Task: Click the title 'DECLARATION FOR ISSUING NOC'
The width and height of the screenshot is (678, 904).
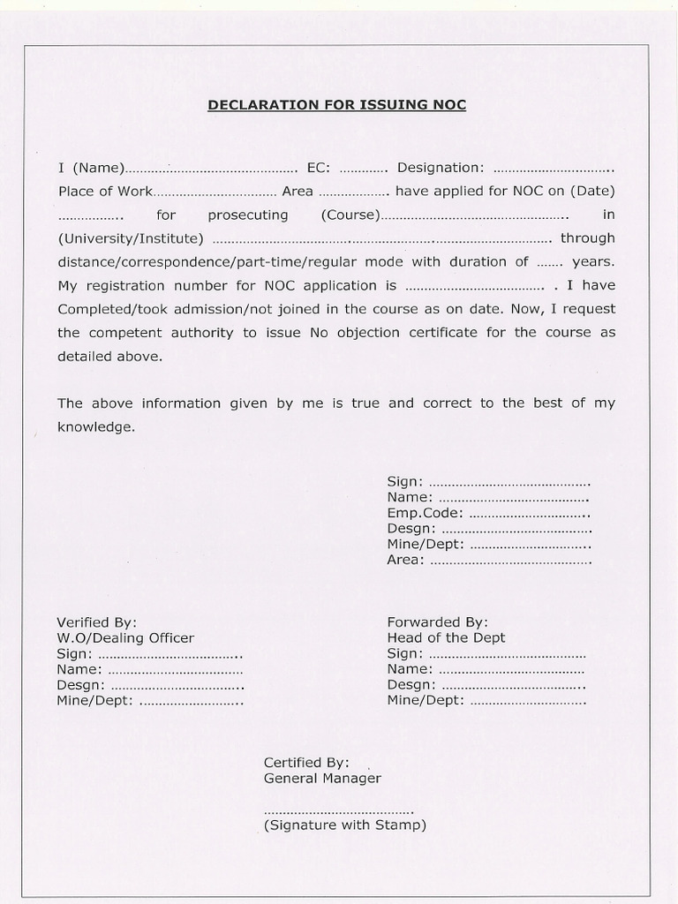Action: (x=336, y=105)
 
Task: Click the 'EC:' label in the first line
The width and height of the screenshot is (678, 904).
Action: (x=318, y=168)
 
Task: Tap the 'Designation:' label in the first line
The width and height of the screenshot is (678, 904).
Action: (x=441, y=168)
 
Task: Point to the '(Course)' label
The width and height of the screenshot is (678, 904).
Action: (x=350, y=215)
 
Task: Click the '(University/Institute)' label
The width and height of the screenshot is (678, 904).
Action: (x=131, y=238)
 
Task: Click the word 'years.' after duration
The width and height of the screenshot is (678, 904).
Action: (x=593, y=262)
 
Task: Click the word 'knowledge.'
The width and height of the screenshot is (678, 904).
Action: (x=96, y=426)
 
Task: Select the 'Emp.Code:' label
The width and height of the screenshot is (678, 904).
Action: (x=425, y=513)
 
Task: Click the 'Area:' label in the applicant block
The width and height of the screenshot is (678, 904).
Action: (x=405, y=560)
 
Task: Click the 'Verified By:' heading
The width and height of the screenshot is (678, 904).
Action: (x=97, y=622)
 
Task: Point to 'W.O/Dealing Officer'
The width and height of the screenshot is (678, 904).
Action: (x=125, y=638)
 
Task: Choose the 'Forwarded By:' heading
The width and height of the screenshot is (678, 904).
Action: (x=437, y=622)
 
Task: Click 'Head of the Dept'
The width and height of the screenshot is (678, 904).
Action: (x=446, y=638)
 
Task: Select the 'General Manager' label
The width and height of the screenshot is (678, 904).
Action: (x=322, y=779)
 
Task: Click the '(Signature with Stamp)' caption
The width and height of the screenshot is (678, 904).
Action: (x=344, y=825)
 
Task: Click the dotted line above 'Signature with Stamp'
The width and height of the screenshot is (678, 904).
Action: (x=338, y=811)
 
